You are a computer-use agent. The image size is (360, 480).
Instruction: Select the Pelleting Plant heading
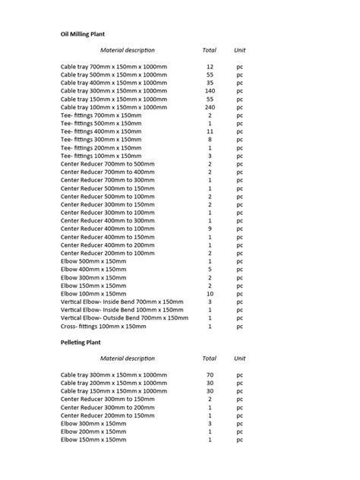pyautogui.click(x=81, y=343)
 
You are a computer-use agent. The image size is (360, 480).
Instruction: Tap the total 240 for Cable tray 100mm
pyautogui.click(x=210, y=108)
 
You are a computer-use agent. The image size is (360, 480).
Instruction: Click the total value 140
pyautogui.click(x=210, y=91)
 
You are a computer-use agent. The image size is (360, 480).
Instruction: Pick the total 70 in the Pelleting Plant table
pyautogui.click(x=210, y=374)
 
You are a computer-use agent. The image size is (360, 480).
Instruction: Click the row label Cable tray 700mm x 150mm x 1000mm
pyautogui.click(x=114, y=67)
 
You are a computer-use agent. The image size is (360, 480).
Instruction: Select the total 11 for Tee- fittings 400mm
pyautogui.click(x=210, y=131)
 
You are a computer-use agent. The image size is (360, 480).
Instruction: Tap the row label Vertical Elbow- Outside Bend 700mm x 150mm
pyautogui.click(x=125, y=318)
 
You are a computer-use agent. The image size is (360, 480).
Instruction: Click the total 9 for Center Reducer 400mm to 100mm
pyautogui.click(x=210, y=229)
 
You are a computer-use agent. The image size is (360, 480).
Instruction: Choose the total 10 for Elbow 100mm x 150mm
pyautogui.click(x=210, y=293)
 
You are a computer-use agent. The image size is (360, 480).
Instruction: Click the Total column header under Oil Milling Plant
pyautogui.click(x=210, y=50)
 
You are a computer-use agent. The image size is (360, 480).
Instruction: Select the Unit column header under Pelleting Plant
pyautogui.click(x=240, y=358)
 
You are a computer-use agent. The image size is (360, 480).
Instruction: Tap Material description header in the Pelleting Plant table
pyautogui.click(x=127, y=358)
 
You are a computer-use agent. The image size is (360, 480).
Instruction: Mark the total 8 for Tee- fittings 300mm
pyautogui.click(x=210, y=140)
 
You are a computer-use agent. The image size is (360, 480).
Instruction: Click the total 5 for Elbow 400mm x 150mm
pyautogui.click(x=210, y=270)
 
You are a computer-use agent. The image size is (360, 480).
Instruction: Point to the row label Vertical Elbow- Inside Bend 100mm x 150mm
pyautogui.click(x=122, y=310)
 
